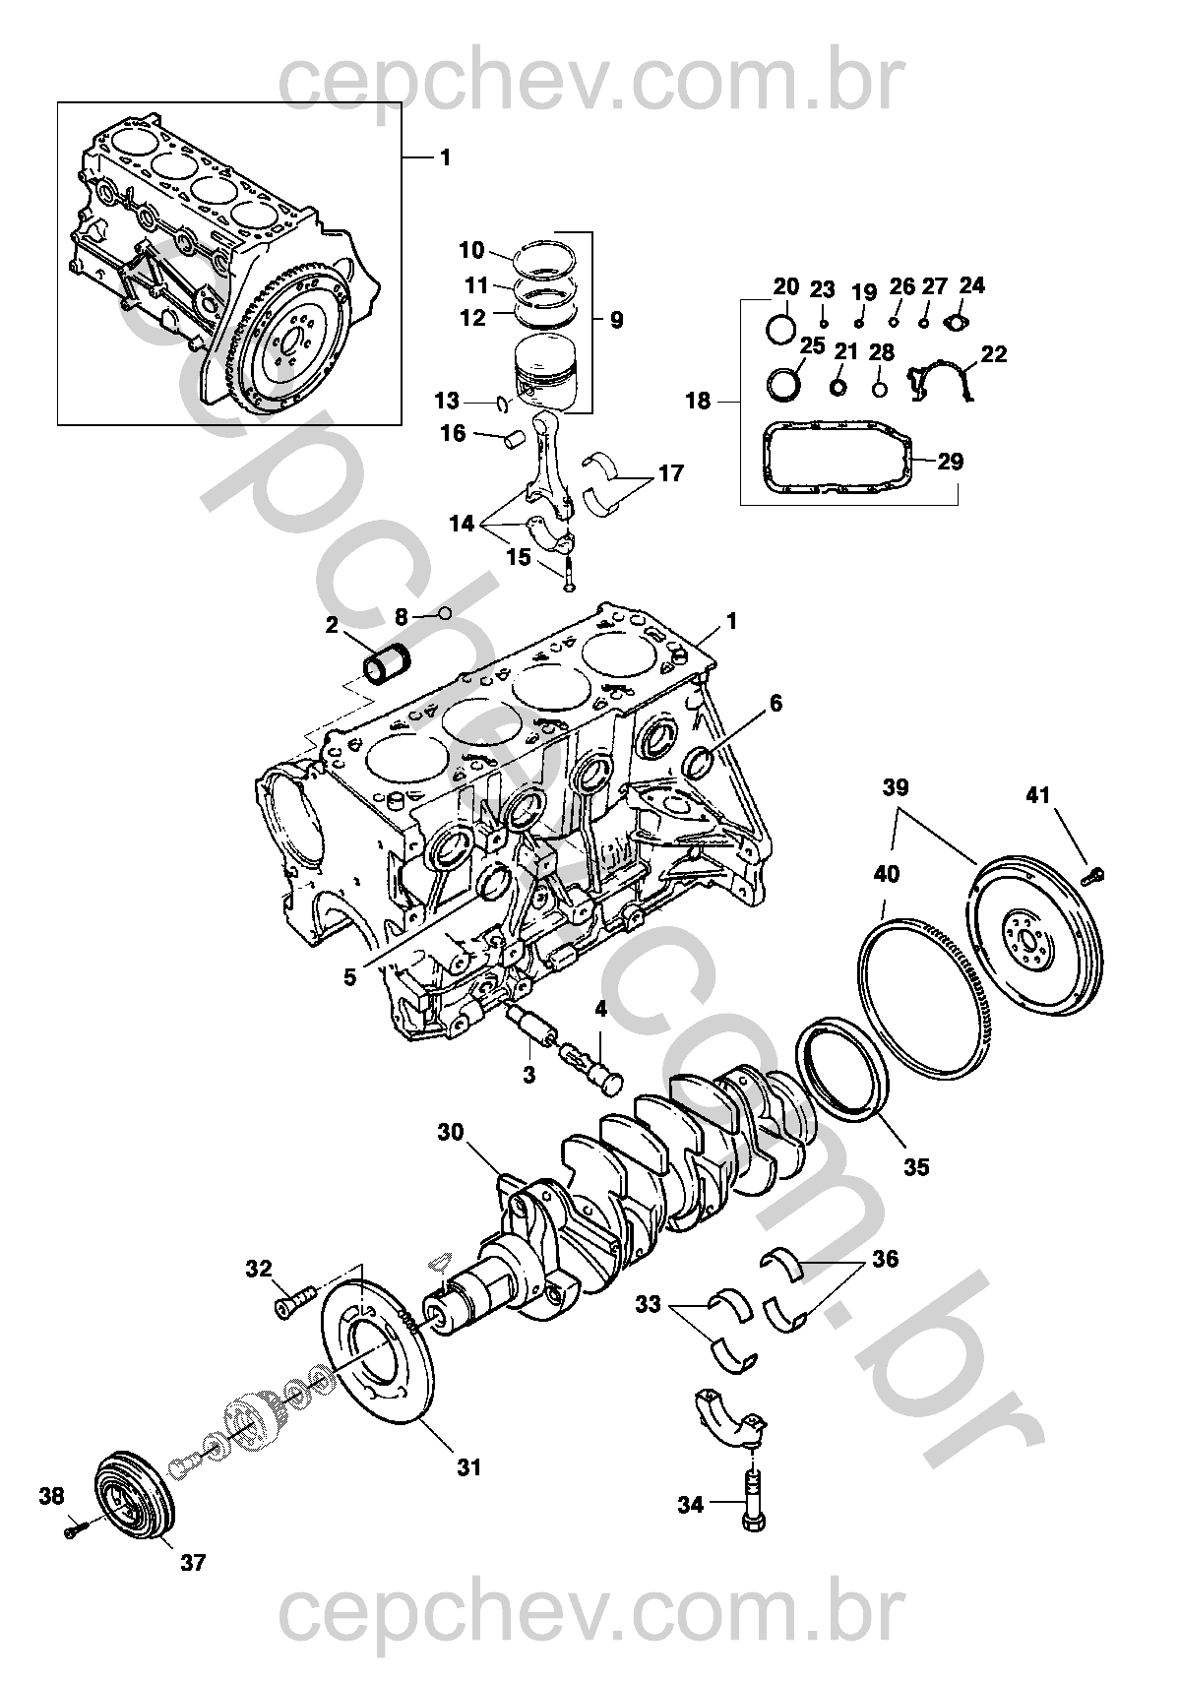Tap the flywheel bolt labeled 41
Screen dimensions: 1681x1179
tap(1094, 872)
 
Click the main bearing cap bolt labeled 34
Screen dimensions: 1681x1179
tap(754, 1505)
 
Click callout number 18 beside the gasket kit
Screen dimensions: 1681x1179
tap(698, 401)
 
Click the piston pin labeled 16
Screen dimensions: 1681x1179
tap(512, 437)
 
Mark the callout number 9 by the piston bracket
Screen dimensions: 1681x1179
tap(616, 320)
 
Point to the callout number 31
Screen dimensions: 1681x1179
tap(469, 1467)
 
